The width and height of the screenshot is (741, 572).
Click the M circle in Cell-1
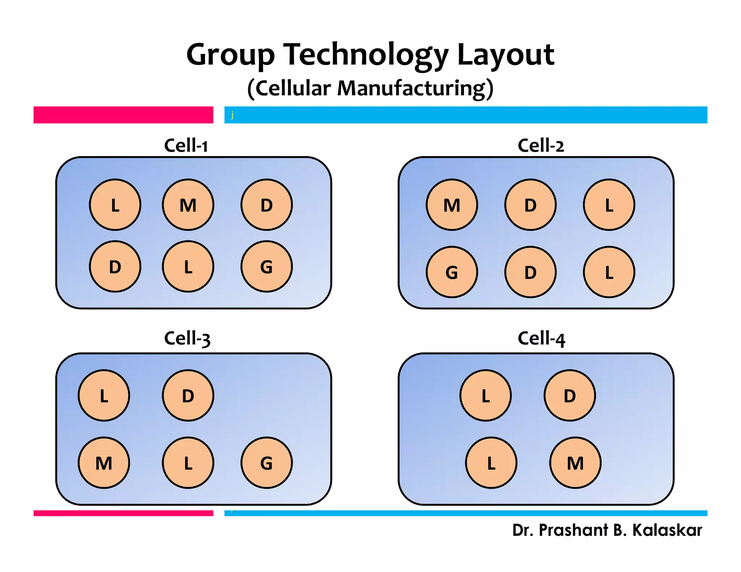pyautogui.click(x=188, y=205)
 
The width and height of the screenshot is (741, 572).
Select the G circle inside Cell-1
pyautogui.click(x=267, y=266)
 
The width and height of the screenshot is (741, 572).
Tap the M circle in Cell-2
pyautogui.click(x=452, y=205)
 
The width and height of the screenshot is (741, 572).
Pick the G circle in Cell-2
pyautogui.click(x=452, y=272)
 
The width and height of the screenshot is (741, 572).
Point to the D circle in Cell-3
pyautogui.click(x=188, y=395)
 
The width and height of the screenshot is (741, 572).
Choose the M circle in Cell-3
pyautogui.click(x=104, y=463)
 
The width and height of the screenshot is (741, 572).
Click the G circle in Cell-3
pyautogui.click(x=267, y=463)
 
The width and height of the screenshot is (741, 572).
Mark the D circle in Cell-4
pyautogui.click(x=570, y=395)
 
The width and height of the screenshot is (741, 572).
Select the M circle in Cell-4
pyautogui.click(x=575, y=463)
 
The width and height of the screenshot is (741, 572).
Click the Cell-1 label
pyautogui.click(x=186, y=145)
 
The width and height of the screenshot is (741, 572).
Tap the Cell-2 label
pyautogui.click(x=541, y=145)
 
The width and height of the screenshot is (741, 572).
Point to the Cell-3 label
pyautogui.click(x=187, y=338)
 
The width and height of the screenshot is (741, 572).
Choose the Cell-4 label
pyautogui.click(x=541, y=338)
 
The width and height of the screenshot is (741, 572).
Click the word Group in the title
pyautogui.click(x=230, y=55)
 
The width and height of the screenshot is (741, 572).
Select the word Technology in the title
pyautogui.click(x=365, y=55)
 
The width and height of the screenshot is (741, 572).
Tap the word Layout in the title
pyautogui.click(x=505, y=55)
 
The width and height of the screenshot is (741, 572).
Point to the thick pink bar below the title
pyautogui.click(x=123, y=115)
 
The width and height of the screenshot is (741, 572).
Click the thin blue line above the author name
pyautogui.click(x=466, y=513)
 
